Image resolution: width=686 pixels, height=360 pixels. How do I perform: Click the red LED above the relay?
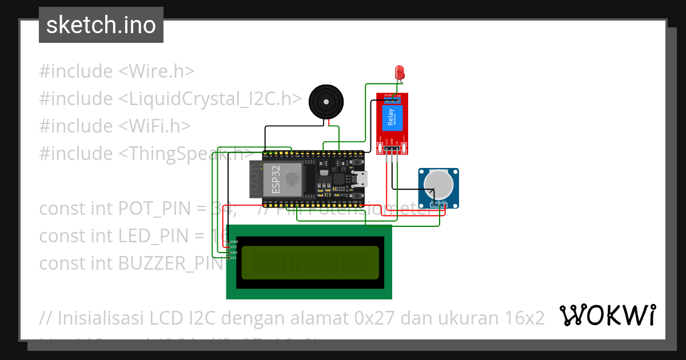400,72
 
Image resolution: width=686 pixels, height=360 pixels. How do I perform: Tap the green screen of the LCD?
310,262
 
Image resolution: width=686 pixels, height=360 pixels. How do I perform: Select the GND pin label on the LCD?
234,242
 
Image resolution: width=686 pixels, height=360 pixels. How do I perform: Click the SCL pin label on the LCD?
234,258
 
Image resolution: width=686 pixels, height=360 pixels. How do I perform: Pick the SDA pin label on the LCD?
234,253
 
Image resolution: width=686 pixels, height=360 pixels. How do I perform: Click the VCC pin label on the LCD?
234,247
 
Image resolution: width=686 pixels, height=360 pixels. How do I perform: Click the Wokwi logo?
607,315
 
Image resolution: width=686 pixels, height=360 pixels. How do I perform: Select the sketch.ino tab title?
101,25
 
